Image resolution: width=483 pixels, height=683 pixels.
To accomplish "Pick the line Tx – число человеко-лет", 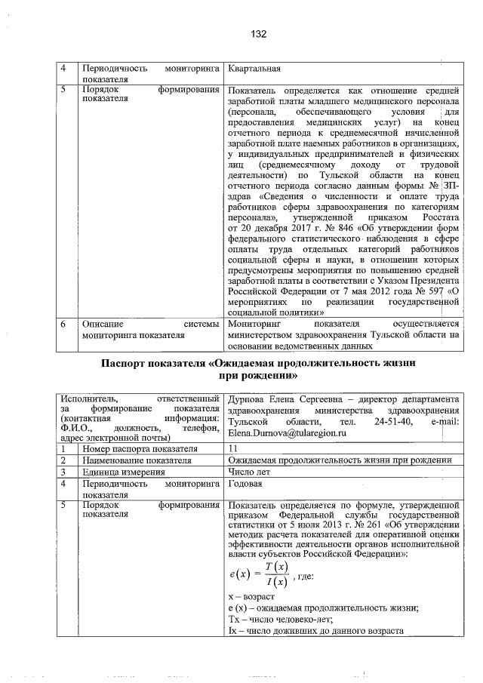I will click(x=268, y=620).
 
